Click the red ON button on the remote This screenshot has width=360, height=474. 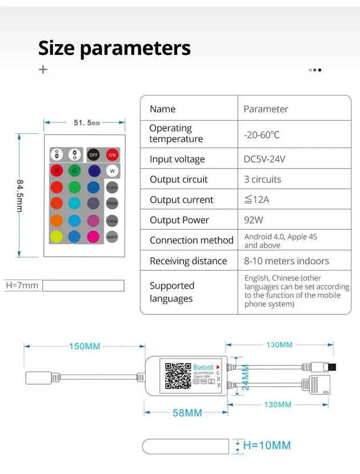[x=112, y=155]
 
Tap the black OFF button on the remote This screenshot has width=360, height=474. [x=93, y=155]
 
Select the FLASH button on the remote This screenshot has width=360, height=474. [x=112, y=187]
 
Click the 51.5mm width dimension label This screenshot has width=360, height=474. [x=87, y=122]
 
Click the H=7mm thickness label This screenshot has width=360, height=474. [x=22, y=285]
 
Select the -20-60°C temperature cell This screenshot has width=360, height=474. [x=262, y=135]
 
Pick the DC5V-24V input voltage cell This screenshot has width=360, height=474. [x=264, y=159]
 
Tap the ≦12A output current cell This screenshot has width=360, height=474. [x=257, y=200]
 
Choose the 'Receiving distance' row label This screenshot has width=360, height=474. [x=188, y=261]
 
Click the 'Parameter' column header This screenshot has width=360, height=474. [x=266, y=109]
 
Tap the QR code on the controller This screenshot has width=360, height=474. [x=178, y=375]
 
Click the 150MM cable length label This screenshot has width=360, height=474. [x=85, y=346]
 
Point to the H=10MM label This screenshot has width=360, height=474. [x=266, y=445]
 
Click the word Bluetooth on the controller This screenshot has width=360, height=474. [x=203, y=367]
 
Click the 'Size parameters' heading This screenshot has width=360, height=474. [x=114, y=48]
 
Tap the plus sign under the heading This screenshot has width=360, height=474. [x=43, y=69]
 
